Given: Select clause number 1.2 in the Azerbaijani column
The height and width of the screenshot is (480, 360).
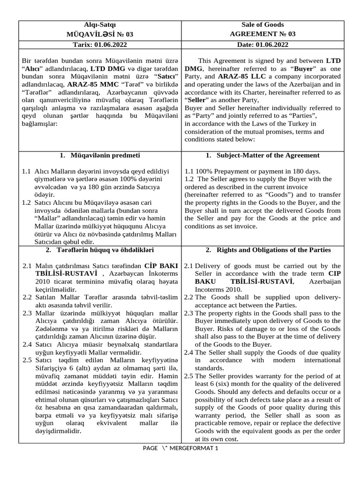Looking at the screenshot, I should pos(27,202).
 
